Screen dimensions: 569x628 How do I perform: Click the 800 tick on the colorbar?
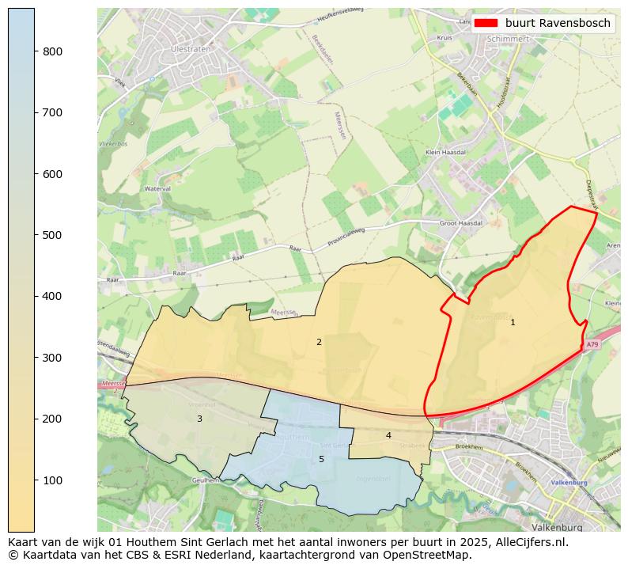35,51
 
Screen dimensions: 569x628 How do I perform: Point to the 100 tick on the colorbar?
35,480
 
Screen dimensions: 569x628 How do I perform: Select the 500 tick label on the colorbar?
51,235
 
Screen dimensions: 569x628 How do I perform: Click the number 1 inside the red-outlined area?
513,322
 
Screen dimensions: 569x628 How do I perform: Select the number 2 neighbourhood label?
319,343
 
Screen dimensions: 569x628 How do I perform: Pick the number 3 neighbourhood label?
199,419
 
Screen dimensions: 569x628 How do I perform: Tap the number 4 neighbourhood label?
388,435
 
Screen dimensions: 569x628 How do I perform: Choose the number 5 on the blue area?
321,459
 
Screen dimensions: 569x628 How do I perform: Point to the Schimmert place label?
508,38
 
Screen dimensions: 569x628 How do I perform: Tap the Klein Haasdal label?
445,152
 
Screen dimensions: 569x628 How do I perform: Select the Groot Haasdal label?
461,224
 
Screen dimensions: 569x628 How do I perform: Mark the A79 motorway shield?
593,345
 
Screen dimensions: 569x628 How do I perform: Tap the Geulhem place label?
204,480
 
